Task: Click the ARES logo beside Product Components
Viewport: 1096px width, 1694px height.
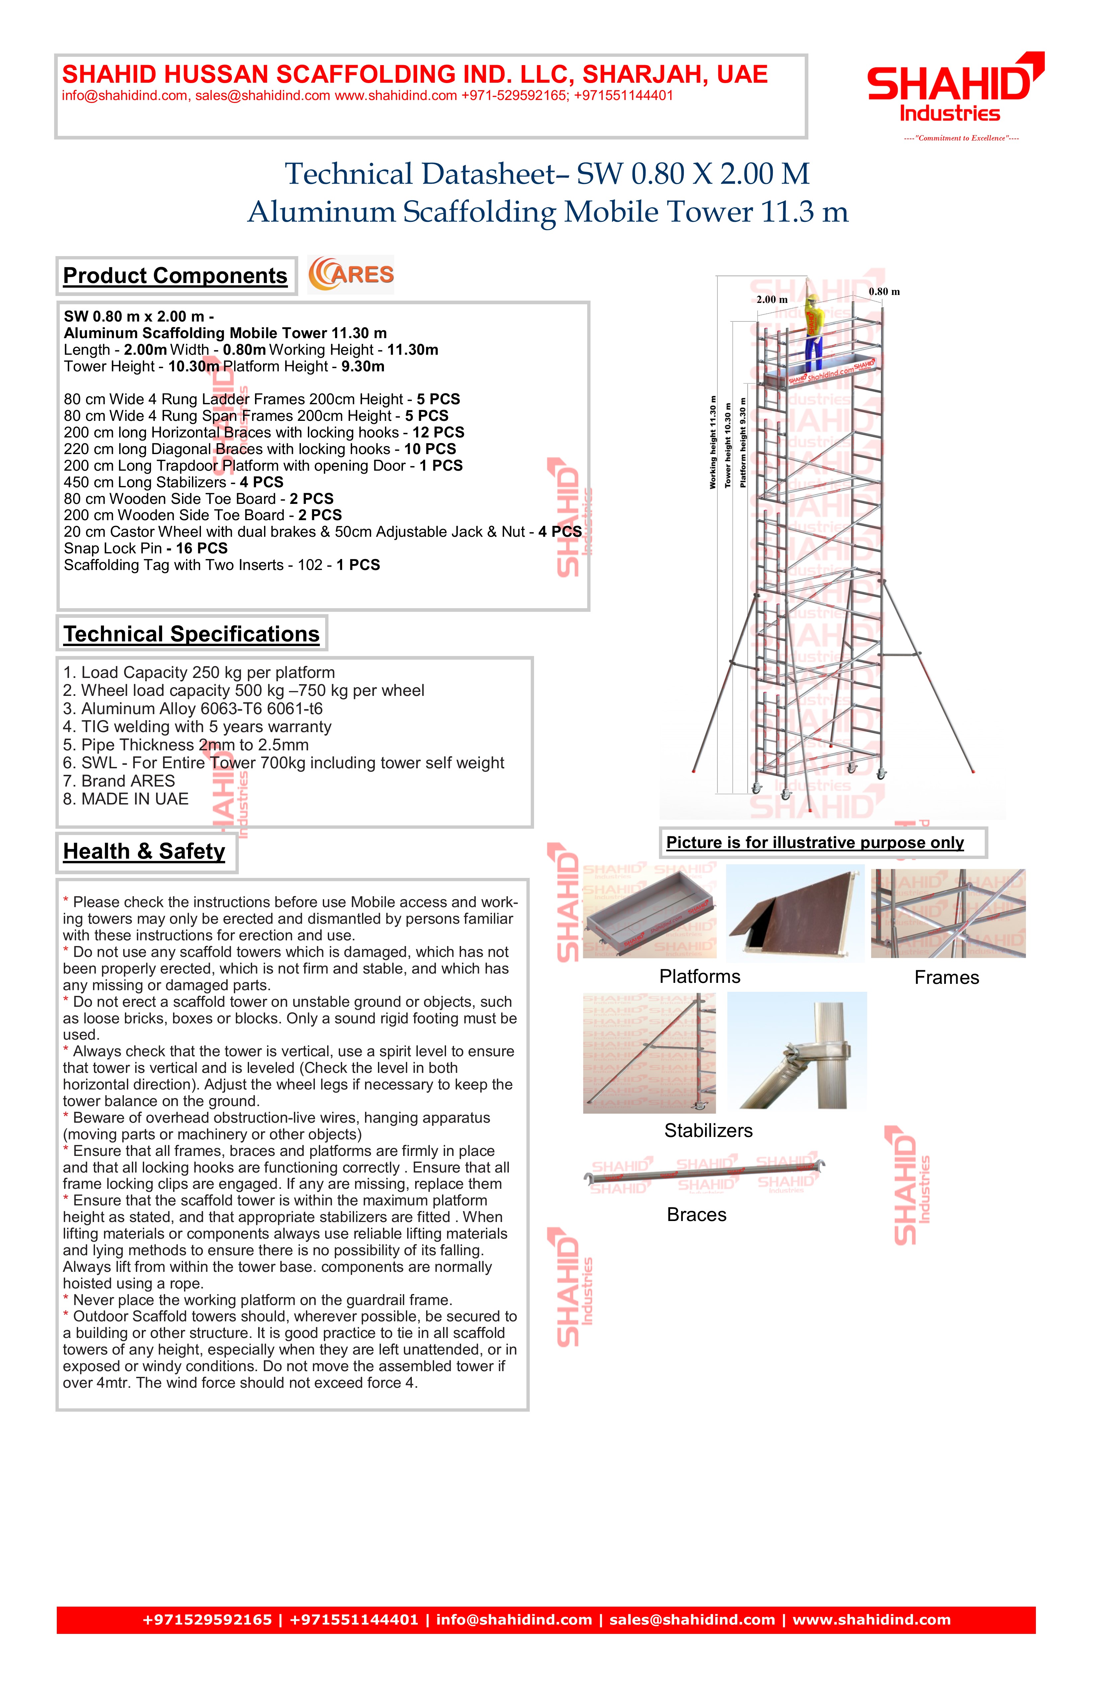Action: (351, 275)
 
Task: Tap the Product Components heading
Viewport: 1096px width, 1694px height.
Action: (175, 276)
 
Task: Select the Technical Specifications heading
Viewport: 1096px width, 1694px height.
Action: (191, 634)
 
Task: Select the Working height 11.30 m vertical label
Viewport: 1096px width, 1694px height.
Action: (712, 442)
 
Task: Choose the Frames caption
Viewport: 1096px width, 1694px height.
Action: (947, 978)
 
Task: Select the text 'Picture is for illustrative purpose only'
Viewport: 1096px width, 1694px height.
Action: (815, 843)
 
